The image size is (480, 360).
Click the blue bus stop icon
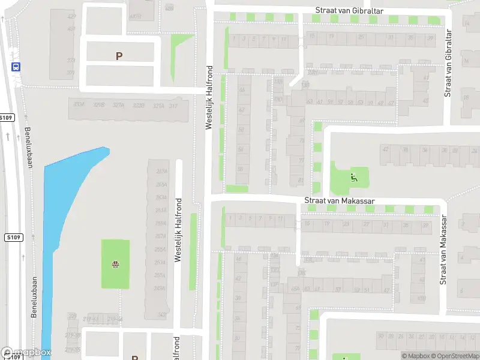(x=16, y=67)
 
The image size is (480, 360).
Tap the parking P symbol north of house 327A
(x=119, y=56)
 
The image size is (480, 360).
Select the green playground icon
(x=353, y=177)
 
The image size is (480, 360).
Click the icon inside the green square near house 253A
(x=115, y=264)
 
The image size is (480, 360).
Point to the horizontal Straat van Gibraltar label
(x=349, y=11)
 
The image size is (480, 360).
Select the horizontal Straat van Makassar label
(x=340, y=200)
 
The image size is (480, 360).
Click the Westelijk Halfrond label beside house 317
(x=209, y=97)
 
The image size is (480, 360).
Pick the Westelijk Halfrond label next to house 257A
(x=178, y=230)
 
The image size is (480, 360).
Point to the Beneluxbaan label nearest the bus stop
(x=28, y=147)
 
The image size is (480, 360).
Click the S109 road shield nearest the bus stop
(x=6, y=118)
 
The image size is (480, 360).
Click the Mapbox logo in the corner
(x=26, y=353)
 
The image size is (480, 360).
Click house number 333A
(x=78, y=105)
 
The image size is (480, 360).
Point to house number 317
(x=173, y=106)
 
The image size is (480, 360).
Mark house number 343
(x=161, y=314)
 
